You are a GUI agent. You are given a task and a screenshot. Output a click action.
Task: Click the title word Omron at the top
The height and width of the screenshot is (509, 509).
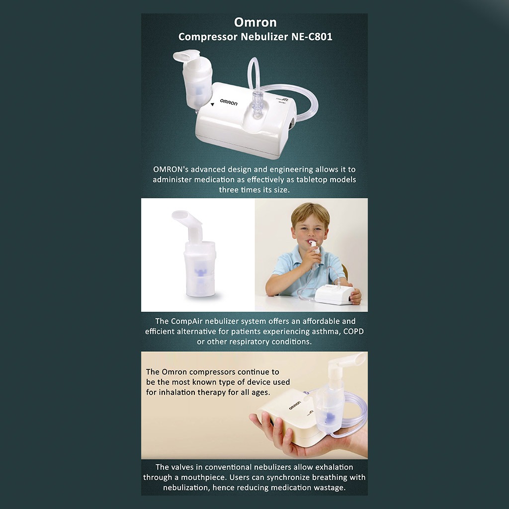[255, 23]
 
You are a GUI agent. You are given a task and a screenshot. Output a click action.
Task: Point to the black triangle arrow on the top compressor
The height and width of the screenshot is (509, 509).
[212, 104]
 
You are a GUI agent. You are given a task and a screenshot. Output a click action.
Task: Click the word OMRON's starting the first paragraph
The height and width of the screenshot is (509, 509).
[173, 170]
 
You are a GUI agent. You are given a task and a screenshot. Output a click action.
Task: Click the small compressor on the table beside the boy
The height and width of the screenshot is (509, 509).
[335, 294]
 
